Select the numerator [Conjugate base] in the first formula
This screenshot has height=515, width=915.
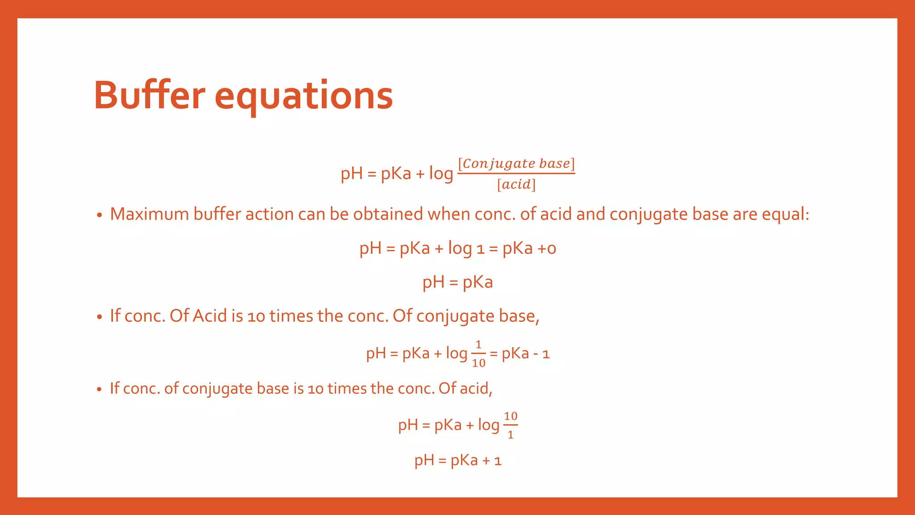coord(516,164)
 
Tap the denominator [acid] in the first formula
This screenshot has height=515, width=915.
coord(516,184)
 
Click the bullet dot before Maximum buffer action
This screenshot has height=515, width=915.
coord(100,215)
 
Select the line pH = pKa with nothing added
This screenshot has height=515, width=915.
coord(457,282)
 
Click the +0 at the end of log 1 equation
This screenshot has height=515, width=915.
coord(546,248)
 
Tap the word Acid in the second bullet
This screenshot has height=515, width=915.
coord(210,316)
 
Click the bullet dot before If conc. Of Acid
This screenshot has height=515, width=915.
coord(100,317)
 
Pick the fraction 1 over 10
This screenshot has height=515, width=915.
coord(478,354)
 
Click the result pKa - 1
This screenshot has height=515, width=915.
coord(525,354)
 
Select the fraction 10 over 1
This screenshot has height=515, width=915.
coord(510,425)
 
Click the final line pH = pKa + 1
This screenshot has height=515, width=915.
coord(458,460)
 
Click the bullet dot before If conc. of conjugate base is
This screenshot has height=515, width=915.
coord(100,389)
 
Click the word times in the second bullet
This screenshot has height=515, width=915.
coord(291,316)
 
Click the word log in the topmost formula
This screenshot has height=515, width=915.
coord(441,173)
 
